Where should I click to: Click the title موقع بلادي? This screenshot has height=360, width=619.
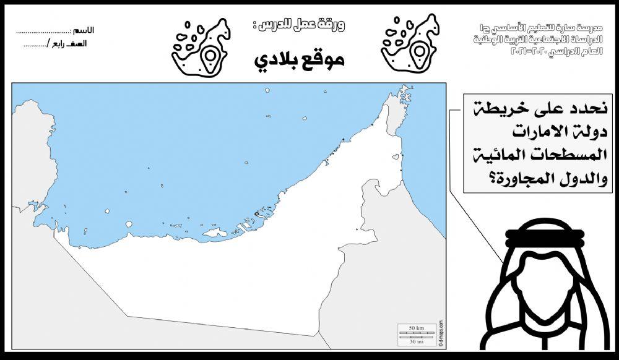pyautogui.click(x=299, y=60)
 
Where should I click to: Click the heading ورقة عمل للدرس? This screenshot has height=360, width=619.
pyautogui.click(x=300, y=26)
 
